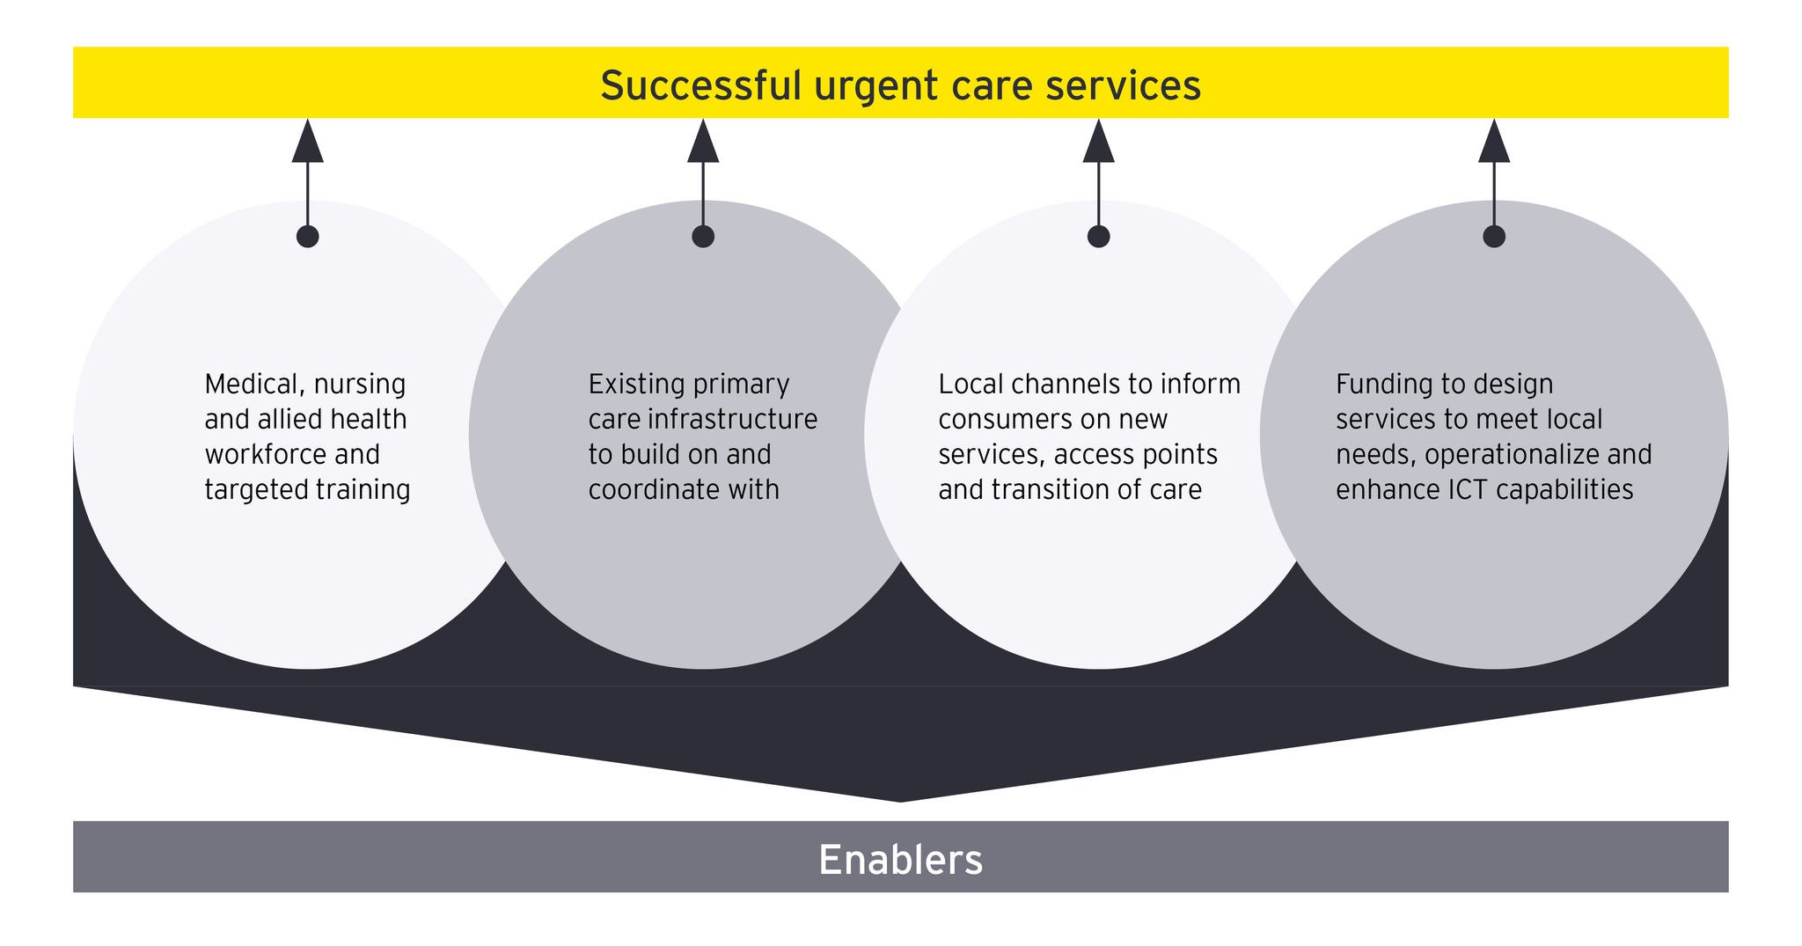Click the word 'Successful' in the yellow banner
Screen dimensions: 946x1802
coord(700,86)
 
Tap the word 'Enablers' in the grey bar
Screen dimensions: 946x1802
coord(900,859)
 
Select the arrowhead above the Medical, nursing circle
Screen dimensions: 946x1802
coord(308,143)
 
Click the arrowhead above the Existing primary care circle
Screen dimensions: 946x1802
coord(703,143)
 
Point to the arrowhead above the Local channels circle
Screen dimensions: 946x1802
coord(1098,143)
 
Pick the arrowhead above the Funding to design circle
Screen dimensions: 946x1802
coord(1494,143)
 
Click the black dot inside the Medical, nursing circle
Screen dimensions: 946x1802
coord(308,236)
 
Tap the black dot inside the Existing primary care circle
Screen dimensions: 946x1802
coord(703,236)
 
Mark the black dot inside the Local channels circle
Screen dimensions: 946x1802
coord(1098,236)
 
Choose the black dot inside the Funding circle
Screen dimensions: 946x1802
coord(1494,236)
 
